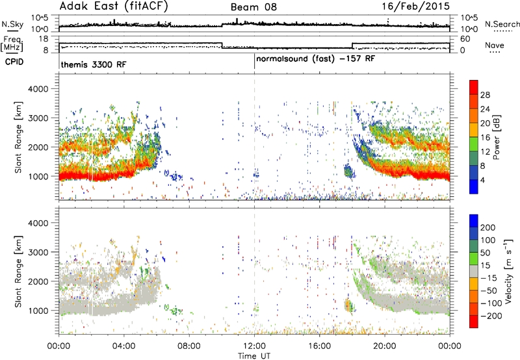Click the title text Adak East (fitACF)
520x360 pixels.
(x=114, y=6)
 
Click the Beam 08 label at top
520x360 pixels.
(x=253, y=7)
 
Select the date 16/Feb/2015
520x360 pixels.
(x=415, y=6)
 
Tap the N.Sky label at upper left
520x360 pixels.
(x=12, y=24)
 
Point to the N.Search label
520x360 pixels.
(x=502, y=24)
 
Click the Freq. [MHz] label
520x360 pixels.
(x=12, y=44)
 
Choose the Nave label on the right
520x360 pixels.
(x=495, y=45)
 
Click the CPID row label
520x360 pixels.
(x=14, y=62)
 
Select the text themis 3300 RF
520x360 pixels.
(x=94, y=64)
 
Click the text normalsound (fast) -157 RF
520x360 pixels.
(x=316, y=59)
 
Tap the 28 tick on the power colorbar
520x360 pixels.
(x=485, y=95)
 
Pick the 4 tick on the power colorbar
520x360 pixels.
(x=482, y=180)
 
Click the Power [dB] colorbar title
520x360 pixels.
(x=496, y=137)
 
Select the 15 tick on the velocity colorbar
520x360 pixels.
(x=485, y=265)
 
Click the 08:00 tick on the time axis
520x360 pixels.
(x=189, y=346)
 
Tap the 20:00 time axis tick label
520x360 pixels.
(x=385, y=346)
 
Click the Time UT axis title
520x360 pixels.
(x=254, y=355)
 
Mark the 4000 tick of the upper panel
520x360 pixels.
(x=38, y=89)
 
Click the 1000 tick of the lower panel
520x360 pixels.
(x=38, y=311)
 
